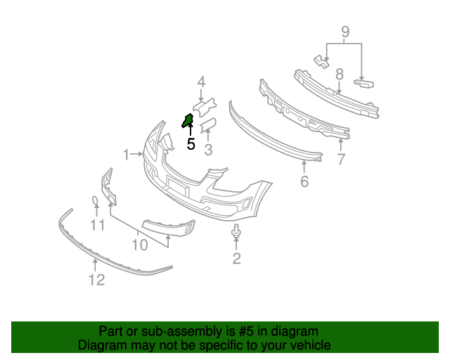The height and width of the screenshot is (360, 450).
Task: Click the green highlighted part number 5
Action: point(188,120)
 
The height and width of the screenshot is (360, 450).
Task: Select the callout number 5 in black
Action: point(191,144)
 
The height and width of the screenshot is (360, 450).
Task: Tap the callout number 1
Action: point(127,154)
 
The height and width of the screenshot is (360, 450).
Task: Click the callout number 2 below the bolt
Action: point(236,259)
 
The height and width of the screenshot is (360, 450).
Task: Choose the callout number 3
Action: point(208,149)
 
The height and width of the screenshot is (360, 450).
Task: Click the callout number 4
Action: point(201,82)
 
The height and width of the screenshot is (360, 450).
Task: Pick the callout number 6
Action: point(304,181)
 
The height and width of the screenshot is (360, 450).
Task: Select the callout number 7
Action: point(341,160)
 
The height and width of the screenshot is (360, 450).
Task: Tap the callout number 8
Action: point(339,74)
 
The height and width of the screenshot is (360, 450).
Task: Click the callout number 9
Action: point(345,32)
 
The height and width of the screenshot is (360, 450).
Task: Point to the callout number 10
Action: point(140,245)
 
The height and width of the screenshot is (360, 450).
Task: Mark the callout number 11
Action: point(97,226)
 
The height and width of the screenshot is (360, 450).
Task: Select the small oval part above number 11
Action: point(96,202)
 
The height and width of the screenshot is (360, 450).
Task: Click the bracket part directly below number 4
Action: point(204,107)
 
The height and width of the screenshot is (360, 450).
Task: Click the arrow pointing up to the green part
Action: point(190,131)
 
